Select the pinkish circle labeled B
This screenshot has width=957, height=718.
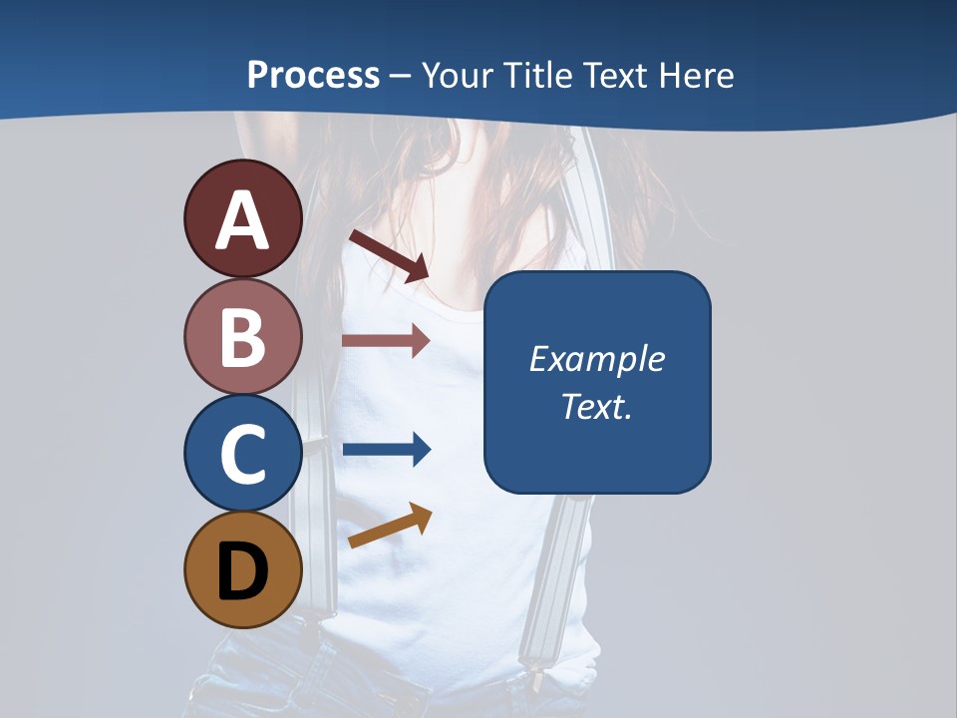tap(242, 336)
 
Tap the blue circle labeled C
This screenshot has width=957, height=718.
tap(242, 453)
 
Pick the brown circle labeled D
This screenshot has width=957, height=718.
tap(242, 569)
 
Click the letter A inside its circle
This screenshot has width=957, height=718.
tap(242, 220)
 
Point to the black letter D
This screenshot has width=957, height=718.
tap(242, 571)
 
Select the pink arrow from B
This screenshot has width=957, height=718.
tap(386, 340)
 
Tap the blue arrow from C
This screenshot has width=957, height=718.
tap(387, 450)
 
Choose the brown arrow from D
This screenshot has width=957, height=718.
tap(390, 526)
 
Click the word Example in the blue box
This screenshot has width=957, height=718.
tap(597, 359)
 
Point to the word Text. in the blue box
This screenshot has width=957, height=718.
tap(597, 406)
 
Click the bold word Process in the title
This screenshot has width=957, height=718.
tap(313, 75)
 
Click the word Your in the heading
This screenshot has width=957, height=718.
tap(460, 75)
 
